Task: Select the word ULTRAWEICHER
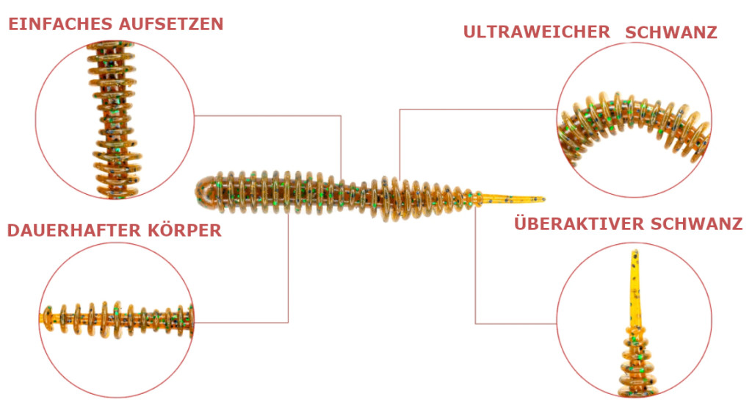(536, 32)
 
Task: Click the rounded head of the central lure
(206, 193)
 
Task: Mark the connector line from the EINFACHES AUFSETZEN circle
(272, 115)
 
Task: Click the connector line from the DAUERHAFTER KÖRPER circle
(242, 322)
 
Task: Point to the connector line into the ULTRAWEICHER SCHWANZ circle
(477, 110)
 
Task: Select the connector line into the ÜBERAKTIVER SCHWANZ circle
(514, 323)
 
